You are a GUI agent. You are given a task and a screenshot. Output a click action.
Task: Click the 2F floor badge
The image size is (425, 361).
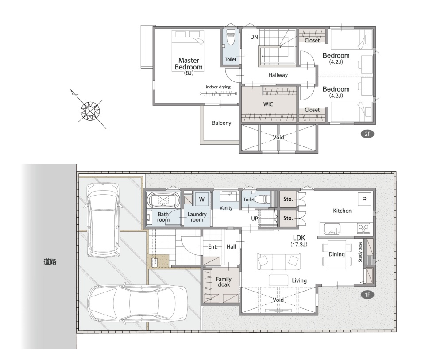367,134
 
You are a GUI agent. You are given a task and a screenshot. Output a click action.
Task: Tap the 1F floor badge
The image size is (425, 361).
367,295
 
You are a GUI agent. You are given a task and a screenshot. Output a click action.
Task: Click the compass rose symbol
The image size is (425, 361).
90,111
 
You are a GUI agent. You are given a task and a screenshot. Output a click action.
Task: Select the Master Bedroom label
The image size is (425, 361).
189,64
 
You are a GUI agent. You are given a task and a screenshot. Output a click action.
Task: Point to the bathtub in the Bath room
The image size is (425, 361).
164,200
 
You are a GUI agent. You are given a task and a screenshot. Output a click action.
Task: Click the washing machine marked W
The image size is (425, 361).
202,200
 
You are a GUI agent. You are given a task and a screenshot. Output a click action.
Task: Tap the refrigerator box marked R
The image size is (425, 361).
364,200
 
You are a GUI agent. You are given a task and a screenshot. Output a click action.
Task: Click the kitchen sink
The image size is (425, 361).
332,229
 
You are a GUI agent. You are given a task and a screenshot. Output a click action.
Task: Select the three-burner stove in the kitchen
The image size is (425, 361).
364,229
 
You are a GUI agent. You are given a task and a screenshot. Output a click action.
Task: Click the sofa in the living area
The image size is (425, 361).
278,261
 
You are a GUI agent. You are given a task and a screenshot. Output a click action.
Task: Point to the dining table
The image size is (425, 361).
336,254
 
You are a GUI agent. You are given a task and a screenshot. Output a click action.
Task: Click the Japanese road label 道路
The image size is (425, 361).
50,261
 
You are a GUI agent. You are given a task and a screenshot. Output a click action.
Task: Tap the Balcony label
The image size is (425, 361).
221,123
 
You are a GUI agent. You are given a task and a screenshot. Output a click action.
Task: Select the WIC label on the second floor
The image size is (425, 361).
268,104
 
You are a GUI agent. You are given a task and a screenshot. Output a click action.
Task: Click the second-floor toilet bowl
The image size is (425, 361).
230,37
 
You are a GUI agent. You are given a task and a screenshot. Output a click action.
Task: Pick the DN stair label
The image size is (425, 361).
254,37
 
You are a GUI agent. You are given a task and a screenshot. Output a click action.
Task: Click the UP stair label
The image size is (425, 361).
255,219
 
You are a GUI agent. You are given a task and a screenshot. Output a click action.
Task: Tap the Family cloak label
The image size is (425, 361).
224,282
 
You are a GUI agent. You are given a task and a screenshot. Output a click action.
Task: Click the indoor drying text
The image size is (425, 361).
218,87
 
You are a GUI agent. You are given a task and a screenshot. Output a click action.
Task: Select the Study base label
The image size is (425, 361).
360,252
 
